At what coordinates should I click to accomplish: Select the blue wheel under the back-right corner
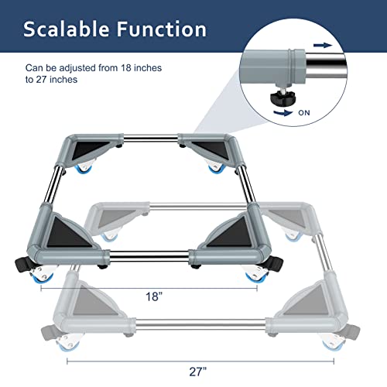point(212,167)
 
